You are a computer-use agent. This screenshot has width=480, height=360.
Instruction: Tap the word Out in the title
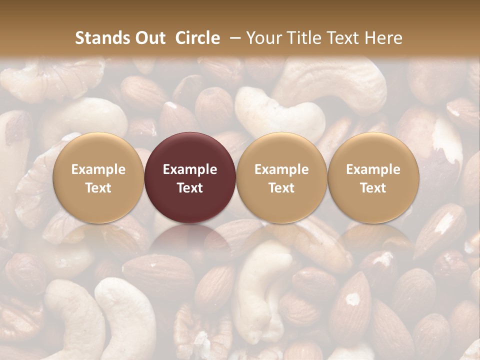click(149, 38)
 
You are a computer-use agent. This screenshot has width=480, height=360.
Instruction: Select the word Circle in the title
click(197, 38)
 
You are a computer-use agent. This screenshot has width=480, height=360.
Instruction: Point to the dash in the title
click(233, 38)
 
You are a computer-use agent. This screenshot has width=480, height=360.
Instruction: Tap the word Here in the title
click(384, 38)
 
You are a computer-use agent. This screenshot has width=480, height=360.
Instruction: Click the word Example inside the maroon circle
click(190, 169)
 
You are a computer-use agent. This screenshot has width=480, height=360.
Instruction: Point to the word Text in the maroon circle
click(190, 188)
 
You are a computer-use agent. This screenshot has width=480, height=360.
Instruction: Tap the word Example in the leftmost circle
click(98, 169)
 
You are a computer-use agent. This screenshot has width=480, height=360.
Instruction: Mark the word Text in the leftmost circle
click(98, 188)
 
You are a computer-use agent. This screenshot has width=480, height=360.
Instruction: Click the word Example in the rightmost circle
click(373, 169)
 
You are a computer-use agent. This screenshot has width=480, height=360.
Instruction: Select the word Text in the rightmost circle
click(373, 188)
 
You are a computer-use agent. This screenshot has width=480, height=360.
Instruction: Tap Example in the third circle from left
click(281, 169)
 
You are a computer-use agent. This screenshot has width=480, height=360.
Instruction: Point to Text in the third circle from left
click(281, 188)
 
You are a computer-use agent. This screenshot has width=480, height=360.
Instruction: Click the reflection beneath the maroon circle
click(190, 240)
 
